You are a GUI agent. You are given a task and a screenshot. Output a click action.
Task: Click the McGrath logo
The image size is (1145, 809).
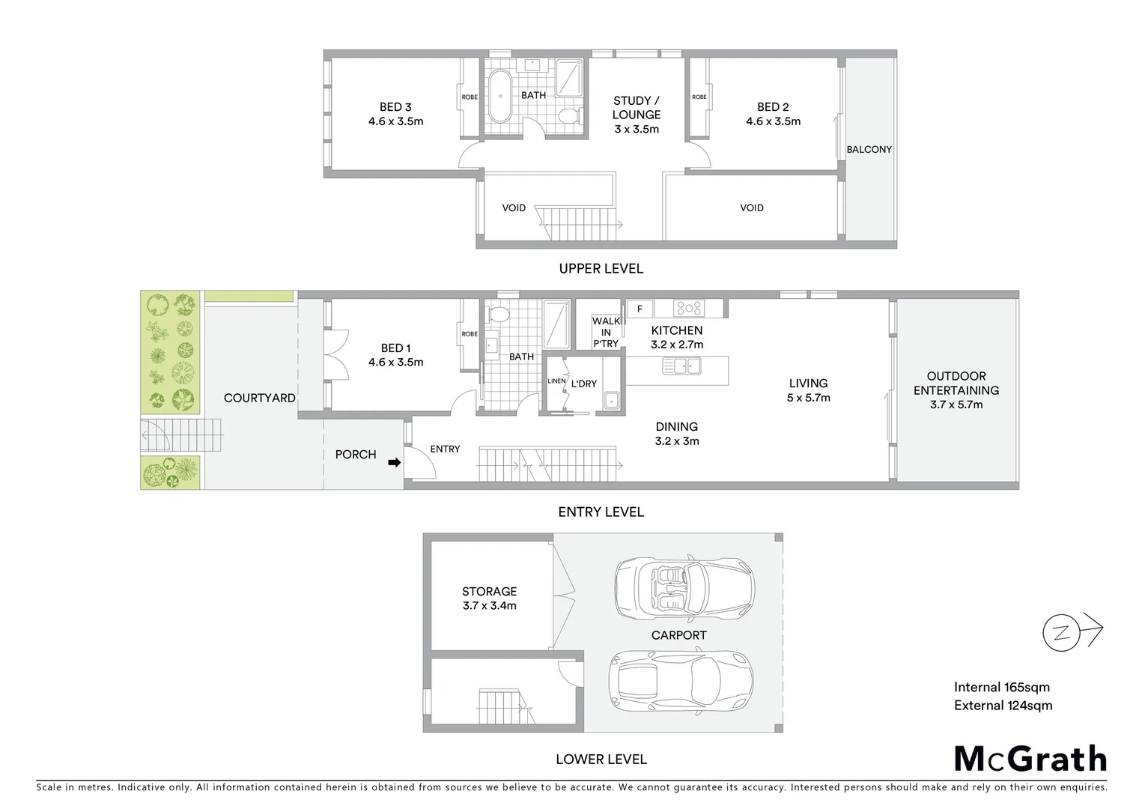point(1030,759)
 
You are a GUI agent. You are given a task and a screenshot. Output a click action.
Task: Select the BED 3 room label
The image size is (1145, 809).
point(395,107)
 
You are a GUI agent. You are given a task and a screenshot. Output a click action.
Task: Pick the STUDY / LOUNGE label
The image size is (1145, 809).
point(637,108)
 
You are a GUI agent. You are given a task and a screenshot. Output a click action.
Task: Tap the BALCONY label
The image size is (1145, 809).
point(869,149)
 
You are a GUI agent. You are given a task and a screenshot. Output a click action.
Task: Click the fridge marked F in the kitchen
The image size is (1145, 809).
point(640,309)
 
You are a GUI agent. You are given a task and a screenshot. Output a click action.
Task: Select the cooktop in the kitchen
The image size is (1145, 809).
point(687,308)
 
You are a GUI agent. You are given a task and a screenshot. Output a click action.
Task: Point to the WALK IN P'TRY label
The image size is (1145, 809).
point(606,332)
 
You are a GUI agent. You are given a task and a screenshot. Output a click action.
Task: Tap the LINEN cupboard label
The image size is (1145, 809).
point(556,381)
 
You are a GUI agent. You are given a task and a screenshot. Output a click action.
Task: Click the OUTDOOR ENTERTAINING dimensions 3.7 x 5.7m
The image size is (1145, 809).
point(956,404)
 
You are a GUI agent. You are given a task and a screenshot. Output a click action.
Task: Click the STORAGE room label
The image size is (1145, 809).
point(489,591)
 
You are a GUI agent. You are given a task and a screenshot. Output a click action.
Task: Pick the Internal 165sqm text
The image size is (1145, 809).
point(1001,687)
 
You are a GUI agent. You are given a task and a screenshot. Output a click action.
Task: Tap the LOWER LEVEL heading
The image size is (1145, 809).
point(601,759)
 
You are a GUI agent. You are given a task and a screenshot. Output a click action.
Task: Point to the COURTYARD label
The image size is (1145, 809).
point(259,398)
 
